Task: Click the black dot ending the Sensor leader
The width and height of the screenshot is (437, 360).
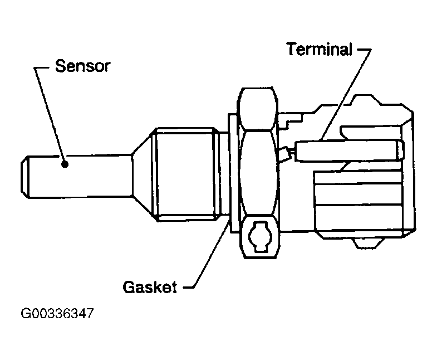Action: (65, 163)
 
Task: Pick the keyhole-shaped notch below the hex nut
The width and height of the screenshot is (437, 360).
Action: (259, 236)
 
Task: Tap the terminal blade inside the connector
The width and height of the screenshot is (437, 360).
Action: (345, 150)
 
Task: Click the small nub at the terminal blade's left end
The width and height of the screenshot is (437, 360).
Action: (285, 152)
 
